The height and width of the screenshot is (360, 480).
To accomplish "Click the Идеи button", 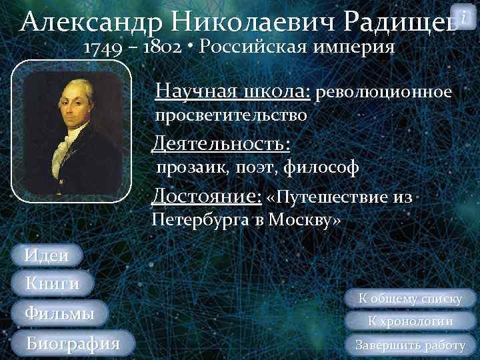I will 46,255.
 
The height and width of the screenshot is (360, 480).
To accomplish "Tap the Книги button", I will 52,284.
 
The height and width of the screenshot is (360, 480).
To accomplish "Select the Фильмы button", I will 59,313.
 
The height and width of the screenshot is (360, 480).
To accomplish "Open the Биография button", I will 73,343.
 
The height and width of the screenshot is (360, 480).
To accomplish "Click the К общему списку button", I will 410,299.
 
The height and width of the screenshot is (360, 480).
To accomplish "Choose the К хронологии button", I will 410,321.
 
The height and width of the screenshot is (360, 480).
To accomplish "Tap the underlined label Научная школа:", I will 232,91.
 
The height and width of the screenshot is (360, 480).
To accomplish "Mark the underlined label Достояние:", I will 206,197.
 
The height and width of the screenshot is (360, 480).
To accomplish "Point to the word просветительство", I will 231,115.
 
